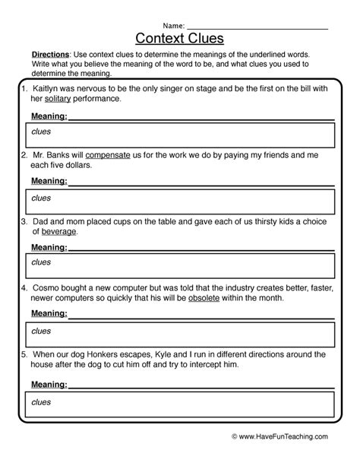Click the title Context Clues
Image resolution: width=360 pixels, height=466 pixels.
click(180, 38)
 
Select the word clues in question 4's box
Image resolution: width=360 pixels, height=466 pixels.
click(41, 331)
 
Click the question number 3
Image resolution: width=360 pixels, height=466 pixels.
click(24, 221)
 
